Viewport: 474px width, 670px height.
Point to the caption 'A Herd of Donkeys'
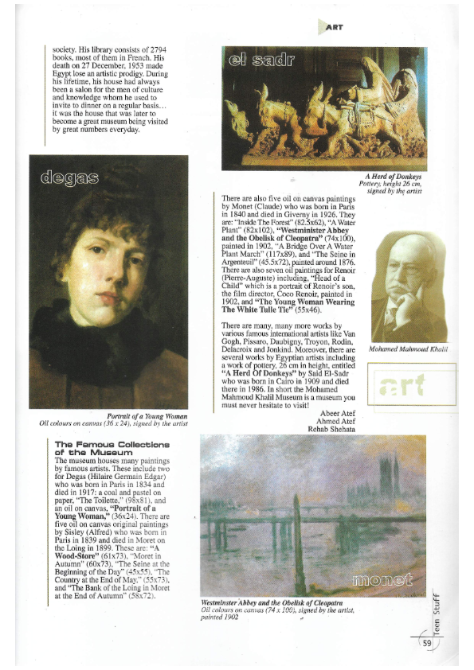point(393,176)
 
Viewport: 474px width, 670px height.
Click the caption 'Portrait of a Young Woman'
point(147,416)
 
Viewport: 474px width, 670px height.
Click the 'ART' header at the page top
point(334,25)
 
